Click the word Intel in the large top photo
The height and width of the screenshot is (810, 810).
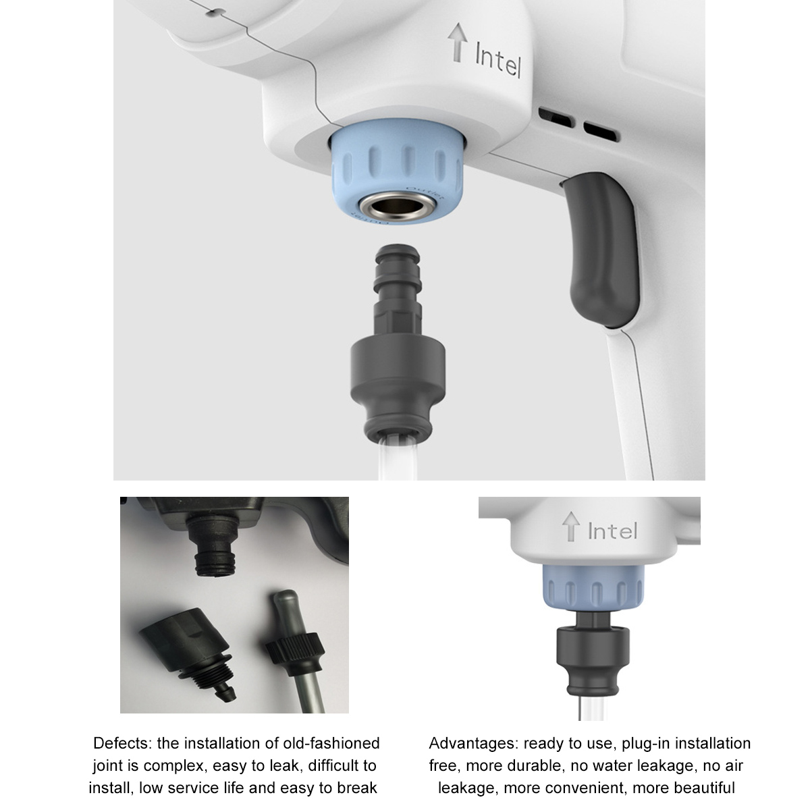pyautogui.click(x=498, y=59)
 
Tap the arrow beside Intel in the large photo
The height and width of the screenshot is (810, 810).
pyautogui.click(x=458, y=43)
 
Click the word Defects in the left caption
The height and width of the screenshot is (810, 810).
pyautogui.click(x=123, y=742)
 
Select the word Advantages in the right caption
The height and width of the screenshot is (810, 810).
pyautogui.click(x=474, y=743)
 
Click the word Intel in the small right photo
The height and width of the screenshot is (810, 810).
pyautogui.click(x=612, y=531)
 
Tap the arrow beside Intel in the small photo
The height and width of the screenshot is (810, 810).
pyautogui.click(x=571, y=526)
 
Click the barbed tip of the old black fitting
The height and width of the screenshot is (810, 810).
pyautogui.click(x=225, y=694)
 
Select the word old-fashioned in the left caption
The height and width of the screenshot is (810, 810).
pyautogui.click(x=331, y=742)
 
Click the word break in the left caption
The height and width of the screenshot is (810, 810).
pyautogui.click(x=356, y=787)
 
